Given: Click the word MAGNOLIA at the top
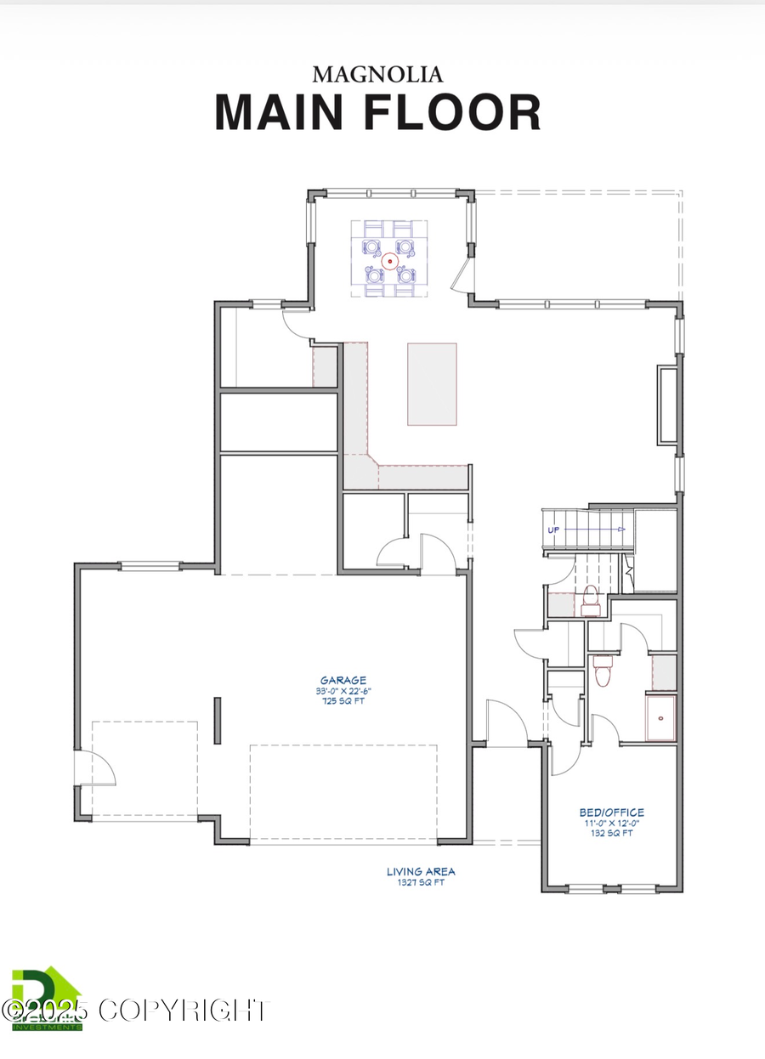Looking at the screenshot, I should click(377, 75).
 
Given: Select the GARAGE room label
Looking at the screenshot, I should click(343, 680).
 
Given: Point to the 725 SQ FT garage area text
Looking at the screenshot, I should click(343, 702).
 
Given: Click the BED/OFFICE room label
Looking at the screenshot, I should click(611, 813).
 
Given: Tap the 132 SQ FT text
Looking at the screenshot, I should click(611, 834).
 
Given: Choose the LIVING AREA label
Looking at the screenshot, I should click(421, 871).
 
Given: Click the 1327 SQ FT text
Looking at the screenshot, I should click(421, 882).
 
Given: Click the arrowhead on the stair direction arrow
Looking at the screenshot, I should click(622, 529).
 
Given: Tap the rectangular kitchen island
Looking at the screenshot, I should click(432, 383).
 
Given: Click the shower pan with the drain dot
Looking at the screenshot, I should click(661, 717).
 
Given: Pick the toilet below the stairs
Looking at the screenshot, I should click(590, 600).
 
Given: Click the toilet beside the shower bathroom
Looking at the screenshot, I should click(603, 671).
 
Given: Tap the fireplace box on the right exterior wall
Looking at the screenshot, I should click(667, 405).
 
